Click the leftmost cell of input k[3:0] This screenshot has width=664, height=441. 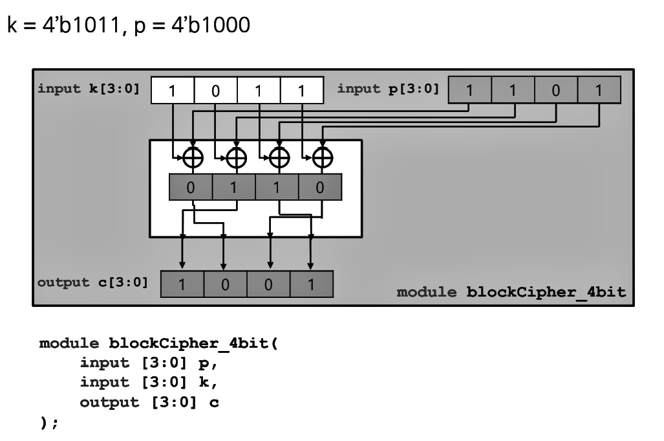[x=172, y=91]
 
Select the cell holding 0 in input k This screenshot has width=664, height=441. [x=215, y=91]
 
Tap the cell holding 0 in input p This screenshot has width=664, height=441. [x=555, y=90]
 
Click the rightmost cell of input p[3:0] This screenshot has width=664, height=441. [x=599, y=90]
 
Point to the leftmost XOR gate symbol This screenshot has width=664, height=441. [x=193, y=157]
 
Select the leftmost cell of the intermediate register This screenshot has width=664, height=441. [x=191, y=187]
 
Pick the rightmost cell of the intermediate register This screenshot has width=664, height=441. [x=319, y=187]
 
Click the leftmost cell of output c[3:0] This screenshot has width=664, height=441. [x=182, y=284]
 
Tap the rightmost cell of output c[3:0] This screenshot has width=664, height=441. [x=311, y=284]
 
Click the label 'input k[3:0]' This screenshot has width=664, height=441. [x=89, y=89]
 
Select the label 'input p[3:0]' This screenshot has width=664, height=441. [x=388, y=89]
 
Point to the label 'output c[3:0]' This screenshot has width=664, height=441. [x=91, y=282]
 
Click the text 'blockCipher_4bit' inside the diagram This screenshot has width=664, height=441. [x=546, y=292]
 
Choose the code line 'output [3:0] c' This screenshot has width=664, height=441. [x=149, y=403]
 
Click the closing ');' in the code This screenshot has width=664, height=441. [x=49, y=422]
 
